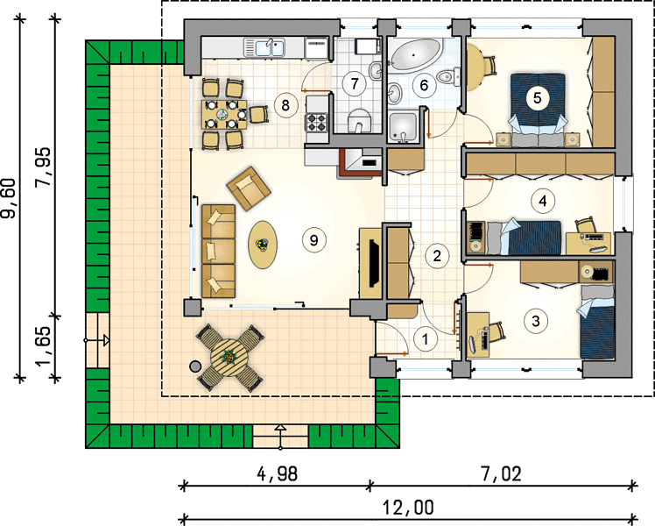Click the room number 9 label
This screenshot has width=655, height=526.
(313, 240)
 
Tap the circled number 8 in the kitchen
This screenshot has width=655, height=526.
(285, 105)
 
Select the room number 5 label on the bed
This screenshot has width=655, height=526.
(537, 98)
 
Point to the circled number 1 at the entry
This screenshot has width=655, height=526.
(426, 338)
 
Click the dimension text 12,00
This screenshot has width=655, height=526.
(408, 508)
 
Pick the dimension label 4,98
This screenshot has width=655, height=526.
(277, 473)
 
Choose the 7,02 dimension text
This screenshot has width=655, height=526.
(501, 473)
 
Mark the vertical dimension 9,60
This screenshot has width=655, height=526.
(9, 198)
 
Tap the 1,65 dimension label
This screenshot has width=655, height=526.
(44, 345)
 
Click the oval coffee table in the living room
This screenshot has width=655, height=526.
(263, 245)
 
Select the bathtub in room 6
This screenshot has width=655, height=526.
(415, 54)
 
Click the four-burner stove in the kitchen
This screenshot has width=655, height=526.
(316, 123)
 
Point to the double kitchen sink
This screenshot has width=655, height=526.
(264, 47)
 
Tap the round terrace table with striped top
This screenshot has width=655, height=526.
(230, 359)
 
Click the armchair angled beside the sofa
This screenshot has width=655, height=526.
(248, 188)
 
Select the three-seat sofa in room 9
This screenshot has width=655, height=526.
(218, 251)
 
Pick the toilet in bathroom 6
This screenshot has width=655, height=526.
(447, 76)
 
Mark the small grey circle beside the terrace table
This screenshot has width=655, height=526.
(194, 366)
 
